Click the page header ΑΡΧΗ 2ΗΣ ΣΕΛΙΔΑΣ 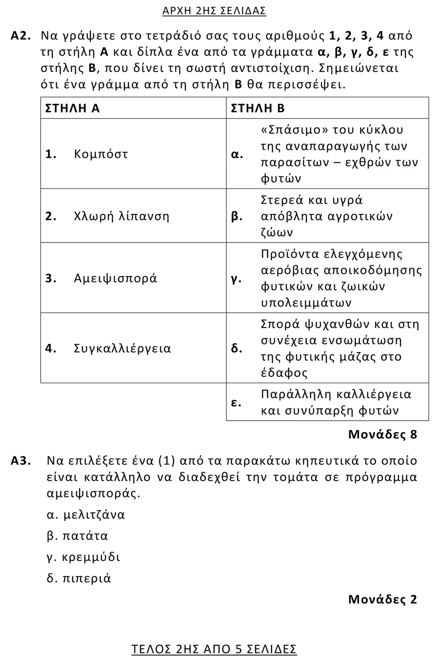click(214, 11)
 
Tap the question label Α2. click(21, 36)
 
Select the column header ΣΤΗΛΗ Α click(72, 108)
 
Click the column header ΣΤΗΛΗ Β click(257, 108)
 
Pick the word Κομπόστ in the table click(101, 154)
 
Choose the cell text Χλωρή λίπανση click(122, 217)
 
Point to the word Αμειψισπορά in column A click(115, 278)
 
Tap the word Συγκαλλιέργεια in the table click(123, 349)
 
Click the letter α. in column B click(237, 154)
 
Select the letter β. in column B click(237, 217)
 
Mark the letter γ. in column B click(236, 278)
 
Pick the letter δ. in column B click(237, 349)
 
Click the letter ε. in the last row click(236, 402)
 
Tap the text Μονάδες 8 click(382, 434)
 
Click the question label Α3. click(21, 461)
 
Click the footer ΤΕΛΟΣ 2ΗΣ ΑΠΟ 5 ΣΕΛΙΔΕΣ click(214, 649)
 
